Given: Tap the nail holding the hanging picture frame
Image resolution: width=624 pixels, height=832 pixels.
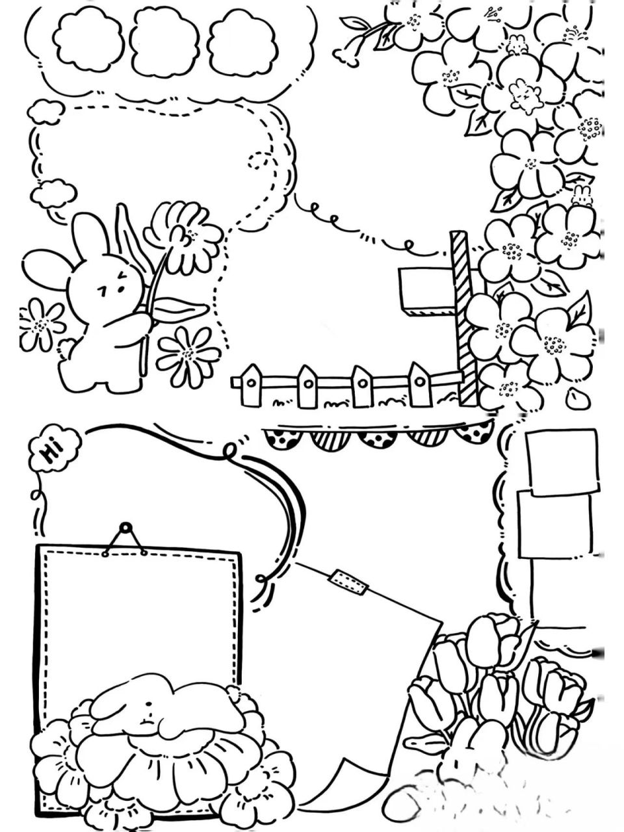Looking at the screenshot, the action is pos(125,528).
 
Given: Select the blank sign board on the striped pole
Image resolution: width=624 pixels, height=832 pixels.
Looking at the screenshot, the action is pos(428,291).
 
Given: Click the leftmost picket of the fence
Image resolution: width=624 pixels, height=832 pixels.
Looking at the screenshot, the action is pos(251,384).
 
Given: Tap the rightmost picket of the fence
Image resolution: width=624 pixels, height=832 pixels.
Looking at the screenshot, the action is pos(419,385).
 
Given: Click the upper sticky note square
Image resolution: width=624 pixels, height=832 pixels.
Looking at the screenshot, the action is pos(562,462).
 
